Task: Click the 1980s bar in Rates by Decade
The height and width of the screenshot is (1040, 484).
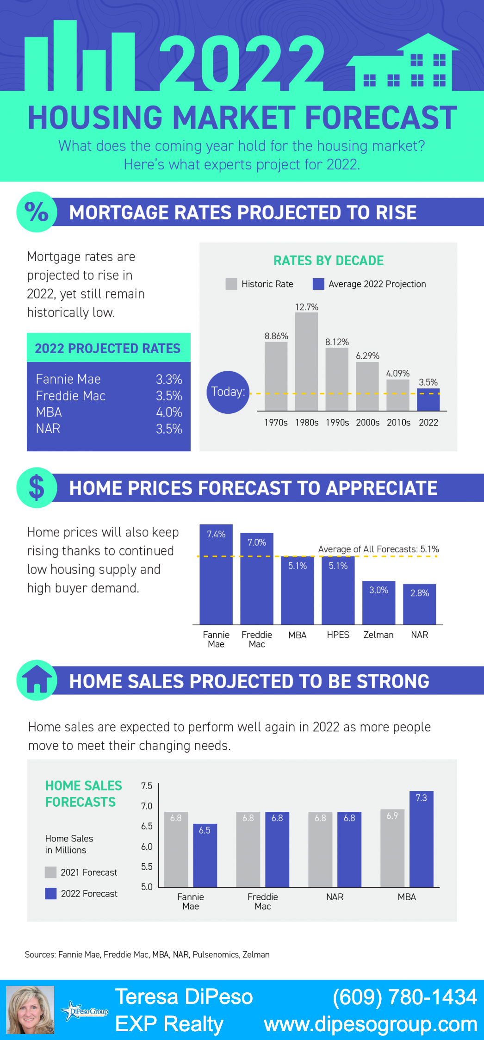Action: pos(306,361)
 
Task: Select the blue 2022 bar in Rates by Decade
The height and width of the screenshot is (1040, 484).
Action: pos(428,400)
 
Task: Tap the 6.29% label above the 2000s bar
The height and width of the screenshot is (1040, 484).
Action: pos(367,356)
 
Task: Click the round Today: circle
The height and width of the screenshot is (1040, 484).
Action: pos(228,392)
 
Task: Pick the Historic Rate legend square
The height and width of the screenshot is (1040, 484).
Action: pos(231,284)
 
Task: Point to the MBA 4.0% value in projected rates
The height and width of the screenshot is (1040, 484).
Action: pos(169,412)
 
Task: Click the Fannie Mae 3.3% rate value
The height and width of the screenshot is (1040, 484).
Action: pos(169,380)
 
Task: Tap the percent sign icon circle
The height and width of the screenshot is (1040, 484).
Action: pos(37,212)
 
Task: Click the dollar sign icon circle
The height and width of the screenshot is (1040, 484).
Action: pos(37,488)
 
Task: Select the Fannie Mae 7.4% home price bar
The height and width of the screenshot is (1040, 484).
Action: pos(216,574)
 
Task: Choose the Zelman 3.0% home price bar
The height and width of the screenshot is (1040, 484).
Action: pos(379,603)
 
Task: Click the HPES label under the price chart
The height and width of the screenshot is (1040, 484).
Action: pos(338,635)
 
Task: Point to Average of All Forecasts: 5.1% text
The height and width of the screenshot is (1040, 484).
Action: pos(379,549)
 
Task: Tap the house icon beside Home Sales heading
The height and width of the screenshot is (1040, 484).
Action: pos(37,680)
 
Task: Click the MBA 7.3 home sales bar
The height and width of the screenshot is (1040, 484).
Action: pos(421,839)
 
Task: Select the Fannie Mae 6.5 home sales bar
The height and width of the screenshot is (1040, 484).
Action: pos(205,855)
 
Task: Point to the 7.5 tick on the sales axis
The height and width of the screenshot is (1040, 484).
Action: pos(147,786)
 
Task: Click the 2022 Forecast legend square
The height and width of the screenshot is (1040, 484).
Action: pos(51,893)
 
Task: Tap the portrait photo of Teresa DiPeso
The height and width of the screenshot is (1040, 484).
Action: pos(30,1010)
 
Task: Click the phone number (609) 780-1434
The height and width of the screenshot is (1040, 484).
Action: pos(404,997)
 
